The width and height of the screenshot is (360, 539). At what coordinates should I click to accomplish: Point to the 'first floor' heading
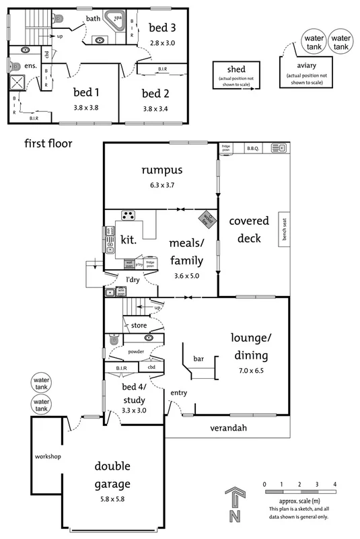48,143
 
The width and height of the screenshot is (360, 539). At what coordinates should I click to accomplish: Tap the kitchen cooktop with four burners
128,216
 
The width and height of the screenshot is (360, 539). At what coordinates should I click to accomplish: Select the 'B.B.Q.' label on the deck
253,147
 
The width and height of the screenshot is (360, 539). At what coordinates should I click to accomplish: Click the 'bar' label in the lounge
199,359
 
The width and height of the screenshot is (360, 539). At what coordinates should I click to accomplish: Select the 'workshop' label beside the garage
48,457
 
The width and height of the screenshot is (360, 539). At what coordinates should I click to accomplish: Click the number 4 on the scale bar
334,484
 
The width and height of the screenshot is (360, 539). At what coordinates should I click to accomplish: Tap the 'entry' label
178,393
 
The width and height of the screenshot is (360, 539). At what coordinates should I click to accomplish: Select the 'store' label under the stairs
139,325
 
